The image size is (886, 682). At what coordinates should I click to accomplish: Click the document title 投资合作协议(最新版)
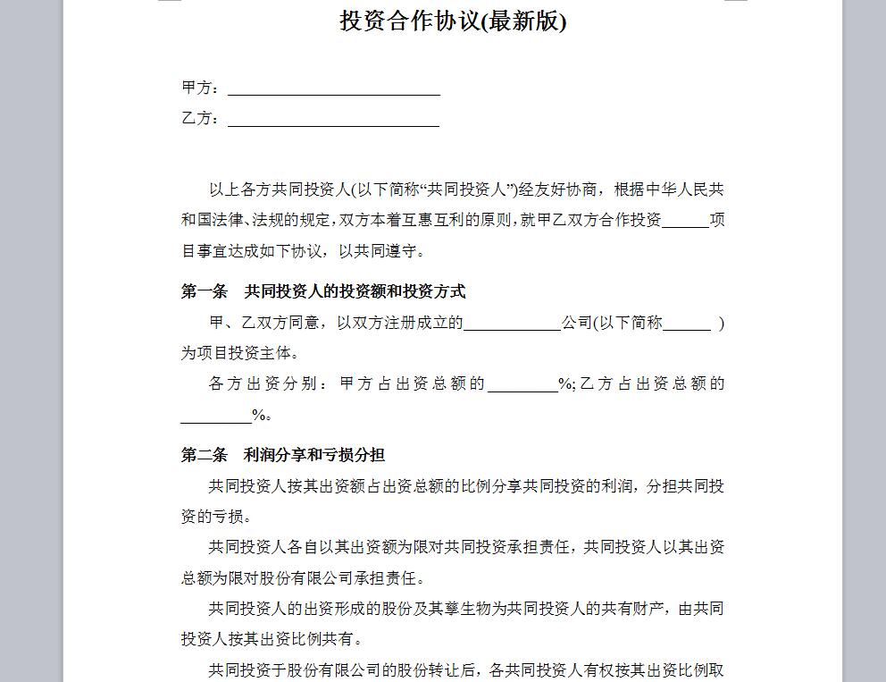click(453, 21)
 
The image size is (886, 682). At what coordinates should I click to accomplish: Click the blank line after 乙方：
click(333, 120)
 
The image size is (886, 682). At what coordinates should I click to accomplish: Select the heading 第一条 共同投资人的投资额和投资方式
click(323, 291)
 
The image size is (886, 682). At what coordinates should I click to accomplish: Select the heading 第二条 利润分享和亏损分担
click(283, 455)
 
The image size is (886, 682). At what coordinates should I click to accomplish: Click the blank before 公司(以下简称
click(512, 324)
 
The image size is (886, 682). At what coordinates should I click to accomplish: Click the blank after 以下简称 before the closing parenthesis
click(687, 324)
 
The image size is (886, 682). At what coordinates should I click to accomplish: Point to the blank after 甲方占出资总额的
click(522, 385)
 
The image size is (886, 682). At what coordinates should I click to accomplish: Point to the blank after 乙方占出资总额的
click(216, 417)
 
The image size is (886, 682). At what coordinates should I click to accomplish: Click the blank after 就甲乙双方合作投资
click(685, 222)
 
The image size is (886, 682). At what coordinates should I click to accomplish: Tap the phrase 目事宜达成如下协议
click(255, 251)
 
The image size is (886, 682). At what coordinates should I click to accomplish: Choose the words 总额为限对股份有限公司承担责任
click(303, 578)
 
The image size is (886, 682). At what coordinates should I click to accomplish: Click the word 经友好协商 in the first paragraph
click(559, 189)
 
